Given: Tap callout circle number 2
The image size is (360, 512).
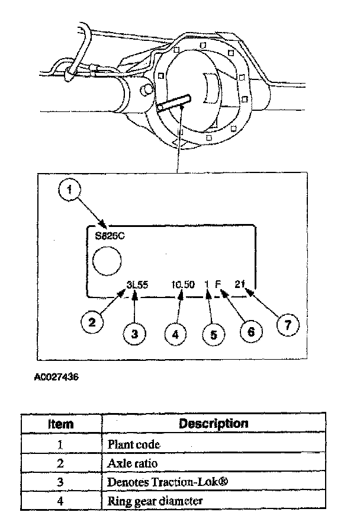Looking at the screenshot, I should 92,322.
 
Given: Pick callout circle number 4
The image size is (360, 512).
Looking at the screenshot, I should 175,334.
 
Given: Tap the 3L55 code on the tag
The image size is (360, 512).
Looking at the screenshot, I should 137,284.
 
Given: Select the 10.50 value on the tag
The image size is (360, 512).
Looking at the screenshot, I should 183,284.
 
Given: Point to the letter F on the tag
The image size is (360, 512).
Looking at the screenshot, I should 218,284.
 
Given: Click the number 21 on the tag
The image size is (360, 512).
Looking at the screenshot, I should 240,284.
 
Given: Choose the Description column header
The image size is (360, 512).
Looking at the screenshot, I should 214,424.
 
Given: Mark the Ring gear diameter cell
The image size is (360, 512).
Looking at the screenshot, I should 155,501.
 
